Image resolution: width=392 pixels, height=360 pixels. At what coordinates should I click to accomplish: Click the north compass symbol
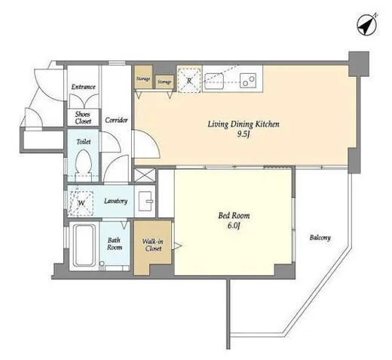click(x=367, y=24)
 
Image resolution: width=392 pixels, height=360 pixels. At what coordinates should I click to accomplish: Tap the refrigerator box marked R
click(x=189, y=80)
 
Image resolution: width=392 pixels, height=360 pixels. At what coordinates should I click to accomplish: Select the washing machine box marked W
click(x=81, y=203)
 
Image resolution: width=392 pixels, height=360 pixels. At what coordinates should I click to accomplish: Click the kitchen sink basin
click(x=214, y=81)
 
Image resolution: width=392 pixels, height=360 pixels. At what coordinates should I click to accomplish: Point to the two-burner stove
click(x=248, y=80)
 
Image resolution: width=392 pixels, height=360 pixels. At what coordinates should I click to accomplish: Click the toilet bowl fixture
click(x=84, y=162)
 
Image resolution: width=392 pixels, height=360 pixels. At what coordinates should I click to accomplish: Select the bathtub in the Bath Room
click(x=84, y=245)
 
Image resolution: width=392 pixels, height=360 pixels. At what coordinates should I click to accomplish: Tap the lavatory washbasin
click(x=145, y=202)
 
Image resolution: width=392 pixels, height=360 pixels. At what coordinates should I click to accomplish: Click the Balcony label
click(x=320, y=238)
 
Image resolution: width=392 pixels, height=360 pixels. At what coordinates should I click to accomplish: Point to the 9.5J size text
click(x=243, y=134)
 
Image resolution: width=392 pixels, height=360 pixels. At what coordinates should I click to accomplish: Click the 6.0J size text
click(x=234, y=226)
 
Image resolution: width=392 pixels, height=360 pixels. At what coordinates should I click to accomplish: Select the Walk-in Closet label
click(x=153, y=245)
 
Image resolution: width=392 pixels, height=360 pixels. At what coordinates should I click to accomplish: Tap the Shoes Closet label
click(x=83, y=118)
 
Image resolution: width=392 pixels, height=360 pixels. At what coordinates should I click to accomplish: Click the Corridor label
click(x=116, y=120)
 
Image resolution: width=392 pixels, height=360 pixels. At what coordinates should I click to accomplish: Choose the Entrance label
click(x=84, y=87)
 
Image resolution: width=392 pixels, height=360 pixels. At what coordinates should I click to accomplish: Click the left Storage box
click(x=143, y=77)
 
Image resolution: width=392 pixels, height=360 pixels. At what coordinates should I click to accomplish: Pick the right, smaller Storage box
click(x=164, y=82)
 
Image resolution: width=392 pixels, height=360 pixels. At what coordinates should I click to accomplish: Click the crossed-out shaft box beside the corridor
click(x=144, y=175)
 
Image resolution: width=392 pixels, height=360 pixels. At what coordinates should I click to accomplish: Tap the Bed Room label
click(x=234, y=216)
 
